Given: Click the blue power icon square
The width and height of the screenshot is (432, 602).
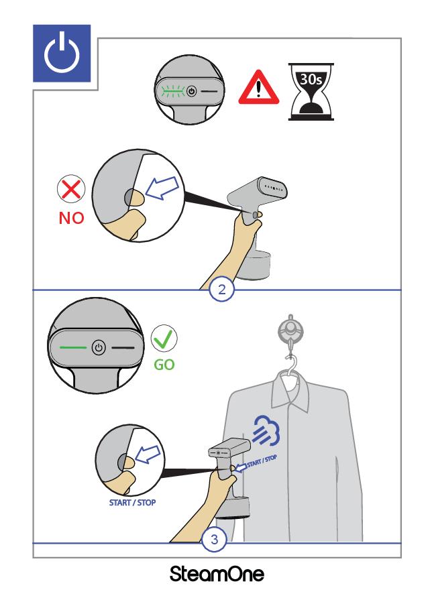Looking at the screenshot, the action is (62, 54).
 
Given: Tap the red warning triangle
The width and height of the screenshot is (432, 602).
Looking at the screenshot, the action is (259, 88).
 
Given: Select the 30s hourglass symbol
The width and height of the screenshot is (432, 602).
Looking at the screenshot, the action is (311, 92).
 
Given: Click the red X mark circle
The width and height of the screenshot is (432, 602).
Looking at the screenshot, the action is (71, 188).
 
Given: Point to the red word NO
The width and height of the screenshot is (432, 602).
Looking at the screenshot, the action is (72, 218).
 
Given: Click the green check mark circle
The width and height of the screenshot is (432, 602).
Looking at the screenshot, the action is (164, 339).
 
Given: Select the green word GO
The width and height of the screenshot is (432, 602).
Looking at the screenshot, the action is (164, 364).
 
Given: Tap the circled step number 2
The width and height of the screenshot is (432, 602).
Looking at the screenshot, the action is (222, 289).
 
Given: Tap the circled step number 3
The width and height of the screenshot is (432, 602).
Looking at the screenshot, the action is (215, 540).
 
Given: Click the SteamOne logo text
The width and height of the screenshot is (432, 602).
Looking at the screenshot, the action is (217, 574).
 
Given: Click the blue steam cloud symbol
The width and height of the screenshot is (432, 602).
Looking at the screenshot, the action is (266, 431).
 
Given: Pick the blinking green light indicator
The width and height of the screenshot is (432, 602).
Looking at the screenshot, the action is (172, 91).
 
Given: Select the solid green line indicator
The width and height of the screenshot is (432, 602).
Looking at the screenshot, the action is (73, 347).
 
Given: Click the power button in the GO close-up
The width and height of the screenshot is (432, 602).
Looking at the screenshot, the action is (99, 348).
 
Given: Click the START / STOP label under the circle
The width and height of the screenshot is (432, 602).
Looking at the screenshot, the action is (132, 503).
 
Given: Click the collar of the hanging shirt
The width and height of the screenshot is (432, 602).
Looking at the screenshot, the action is (291, 391).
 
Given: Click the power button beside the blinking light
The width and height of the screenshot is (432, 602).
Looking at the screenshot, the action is (192, 91).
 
